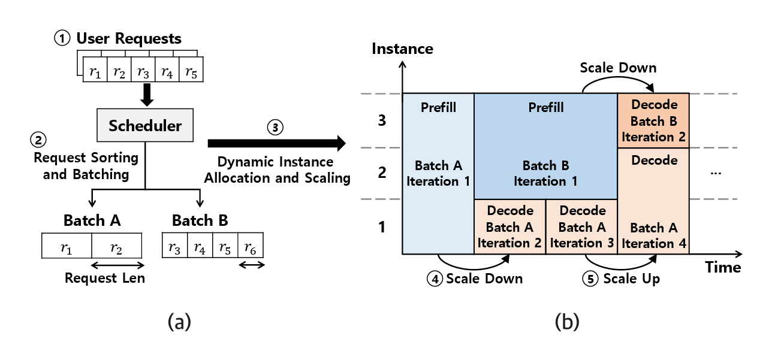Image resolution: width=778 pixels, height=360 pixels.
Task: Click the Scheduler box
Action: click(x=145, y=125)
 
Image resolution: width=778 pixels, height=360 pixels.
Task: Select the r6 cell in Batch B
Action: click(x=251, y=246)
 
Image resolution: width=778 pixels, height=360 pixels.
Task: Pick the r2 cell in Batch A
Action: click(x=117, y=246)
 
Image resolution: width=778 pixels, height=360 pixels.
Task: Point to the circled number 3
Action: click(x=275, y=128)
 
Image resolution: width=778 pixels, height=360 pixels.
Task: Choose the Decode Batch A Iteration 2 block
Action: click(x=509, y=227)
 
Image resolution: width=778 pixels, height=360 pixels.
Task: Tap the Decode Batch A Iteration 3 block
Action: click(x=581, y=227)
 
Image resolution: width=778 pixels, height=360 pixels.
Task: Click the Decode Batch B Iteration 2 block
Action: click(x=653, y=121)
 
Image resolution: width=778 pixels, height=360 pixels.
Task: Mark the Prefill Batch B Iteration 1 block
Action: click(x=545, y=147)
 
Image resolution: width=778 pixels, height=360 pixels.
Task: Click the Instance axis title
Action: click(x=402, y=49)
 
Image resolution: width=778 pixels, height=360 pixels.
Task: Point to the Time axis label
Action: click(x=723, y=267)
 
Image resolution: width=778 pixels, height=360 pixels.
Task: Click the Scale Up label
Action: click(x=631, y=279)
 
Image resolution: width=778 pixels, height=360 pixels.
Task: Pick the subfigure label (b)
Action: click(x=567, y=322)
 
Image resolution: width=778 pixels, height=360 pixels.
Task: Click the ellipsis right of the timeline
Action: click(x=715, y=173)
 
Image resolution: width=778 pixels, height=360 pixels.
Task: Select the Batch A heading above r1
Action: click(x=92, y=220)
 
